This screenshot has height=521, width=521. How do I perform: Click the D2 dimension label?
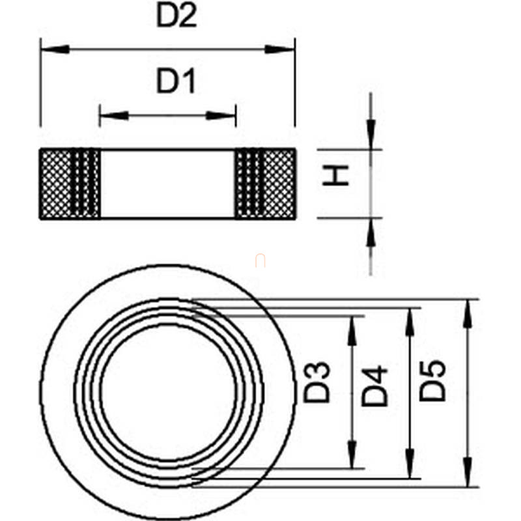pyautogui.click(x=176, y=16)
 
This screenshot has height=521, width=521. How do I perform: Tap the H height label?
pyautogui.click(x=335, y=175)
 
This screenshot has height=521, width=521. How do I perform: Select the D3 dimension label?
pyautogui.click(x=317, y=382)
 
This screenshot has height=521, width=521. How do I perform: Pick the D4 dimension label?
pyautogui.click(x=374, y=386)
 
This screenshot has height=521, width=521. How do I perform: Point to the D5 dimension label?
pyautogui.click(x=432, y=380)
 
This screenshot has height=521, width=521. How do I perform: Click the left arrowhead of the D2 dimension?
pyautogui.click(x=55, y=49)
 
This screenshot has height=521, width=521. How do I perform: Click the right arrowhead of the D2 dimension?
pyautogui.click(x=280, y=49)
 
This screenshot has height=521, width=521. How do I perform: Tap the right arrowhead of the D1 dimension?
pyautogui.click(x=221, y=116)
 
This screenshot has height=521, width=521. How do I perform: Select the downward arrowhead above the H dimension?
pyautogui.click(x=371, y=135)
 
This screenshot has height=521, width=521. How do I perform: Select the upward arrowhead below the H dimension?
pyautogui.click(x=371, y=232)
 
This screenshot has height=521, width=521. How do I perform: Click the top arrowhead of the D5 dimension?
pyautogui.click(x=468, y=314)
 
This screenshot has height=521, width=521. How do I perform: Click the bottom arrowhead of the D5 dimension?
pyautogui.click(x=468, y=472)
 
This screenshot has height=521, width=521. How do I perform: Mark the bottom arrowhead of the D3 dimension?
pyautogui.click(x=352, y=454)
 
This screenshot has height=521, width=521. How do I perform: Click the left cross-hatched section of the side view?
pyautogui.click(x=70, y=184)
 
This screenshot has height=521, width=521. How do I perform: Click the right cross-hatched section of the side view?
pyautogui.click(x=266, y=184)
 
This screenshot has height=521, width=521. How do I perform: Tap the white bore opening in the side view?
pyautogui.click(x=167, y=184)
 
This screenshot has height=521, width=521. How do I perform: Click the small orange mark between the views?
pyautogui.click(x=260, y=260)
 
